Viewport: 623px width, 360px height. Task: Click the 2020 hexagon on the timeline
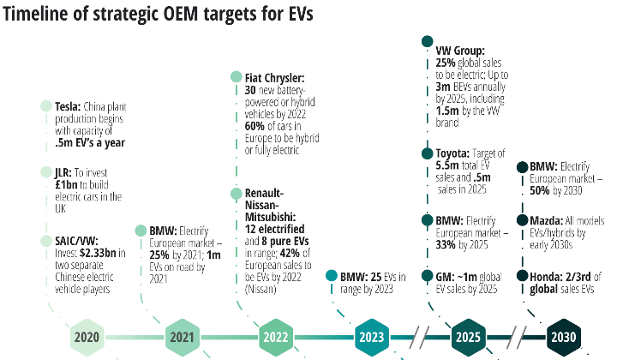pos(87,338)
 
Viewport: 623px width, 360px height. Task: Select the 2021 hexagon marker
pos(183,338)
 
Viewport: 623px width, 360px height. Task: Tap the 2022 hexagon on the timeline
pos(276,338)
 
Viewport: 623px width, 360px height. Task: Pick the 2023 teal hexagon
pos(372,338)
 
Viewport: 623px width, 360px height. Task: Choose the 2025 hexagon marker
pos(469,338)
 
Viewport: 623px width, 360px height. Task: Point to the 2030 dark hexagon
pos(564,338)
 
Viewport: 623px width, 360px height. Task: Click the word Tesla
pos(68,107)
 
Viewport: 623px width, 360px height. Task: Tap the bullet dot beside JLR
pos(46,172)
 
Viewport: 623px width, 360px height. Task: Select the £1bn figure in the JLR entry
pos(66,185)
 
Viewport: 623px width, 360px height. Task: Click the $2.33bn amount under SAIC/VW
pos(98,253)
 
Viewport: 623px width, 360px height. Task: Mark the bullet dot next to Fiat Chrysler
pos(237,76)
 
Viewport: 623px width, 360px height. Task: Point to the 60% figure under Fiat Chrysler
pos(255,126)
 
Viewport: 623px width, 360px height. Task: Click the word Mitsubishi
pos(270,218)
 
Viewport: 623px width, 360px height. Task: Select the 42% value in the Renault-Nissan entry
pos(290,253)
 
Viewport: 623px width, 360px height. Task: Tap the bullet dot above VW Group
pos(427,41)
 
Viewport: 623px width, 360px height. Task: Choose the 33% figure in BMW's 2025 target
pos(446,245)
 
